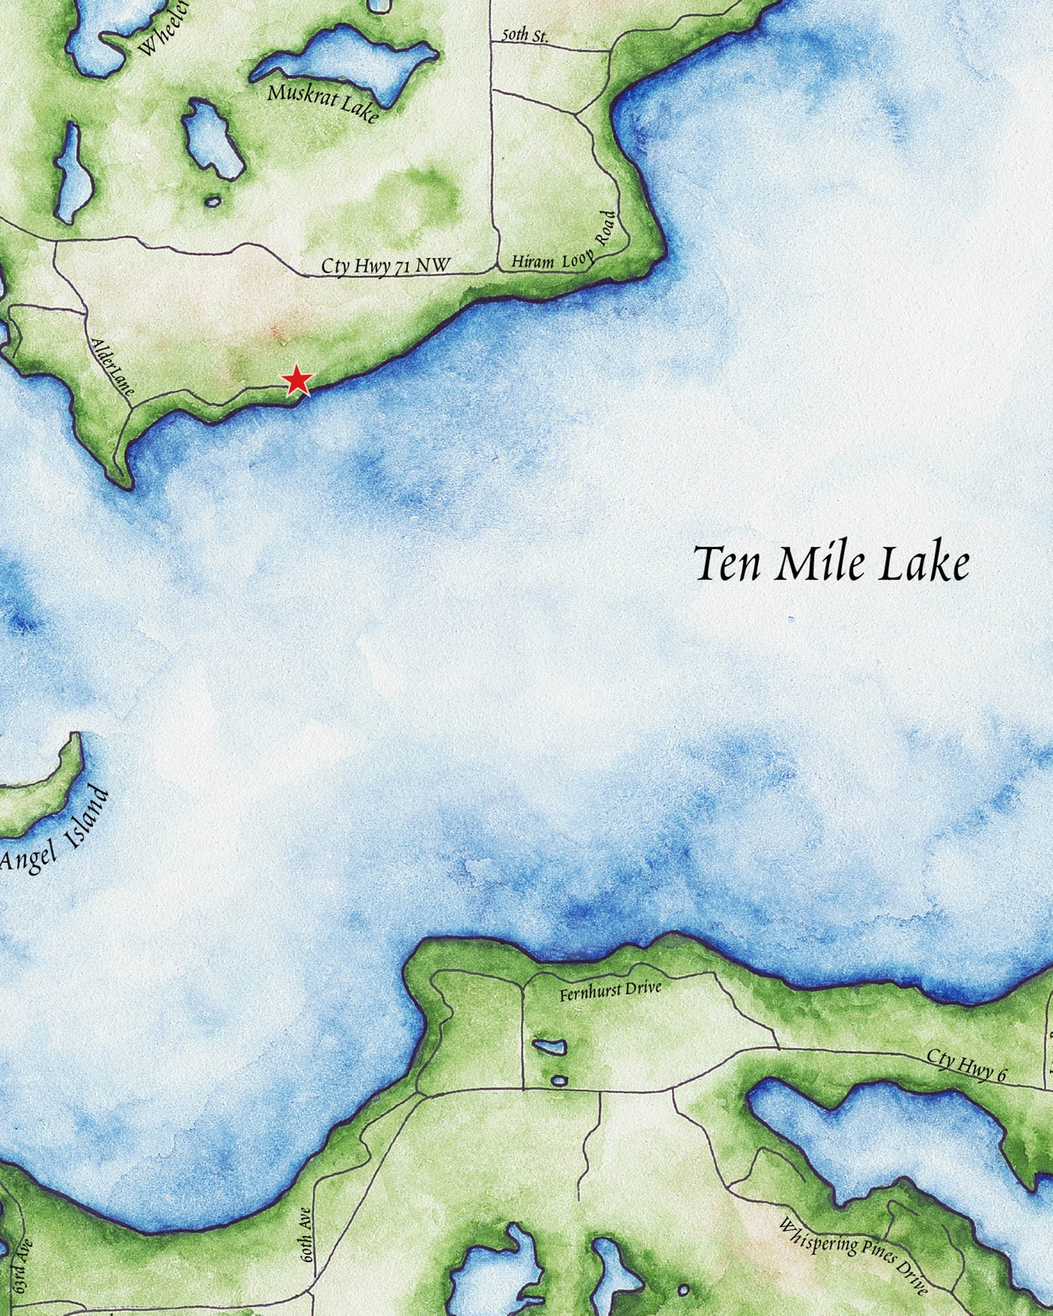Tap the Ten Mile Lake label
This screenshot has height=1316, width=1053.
pos(832,565)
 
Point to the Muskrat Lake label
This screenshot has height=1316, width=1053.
pos(322,103)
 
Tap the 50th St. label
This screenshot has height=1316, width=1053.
pos(524,36)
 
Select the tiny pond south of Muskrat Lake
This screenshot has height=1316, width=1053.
pos(212,201)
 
